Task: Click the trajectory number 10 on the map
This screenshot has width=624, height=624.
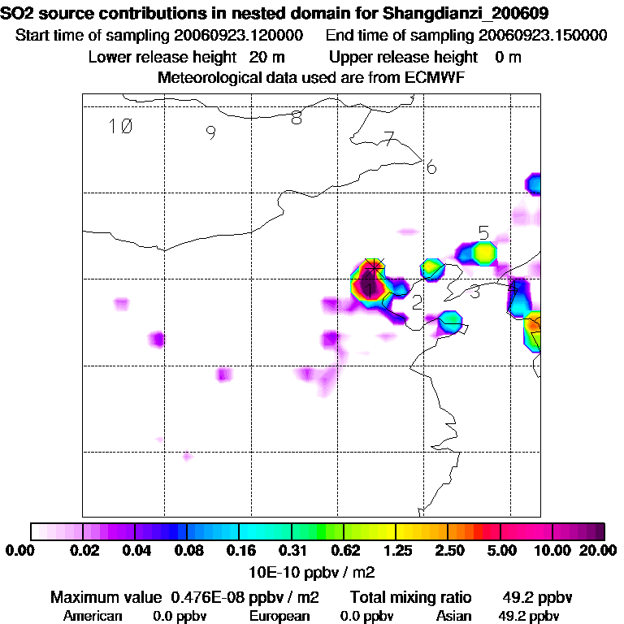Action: pyautogui.click(x=120, y=126)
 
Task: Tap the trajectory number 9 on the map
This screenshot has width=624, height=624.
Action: pyautogui.click(x=210, y=133)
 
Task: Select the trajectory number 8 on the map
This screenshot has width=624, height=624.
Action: pyautogui.click(x=297, y=118)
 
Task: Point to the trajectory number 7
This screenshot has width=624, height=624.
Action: pyautogui.click(x=389, y=139)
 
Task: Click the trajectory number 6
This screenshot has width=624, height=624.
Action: pyautogui.click(x=431, y=168)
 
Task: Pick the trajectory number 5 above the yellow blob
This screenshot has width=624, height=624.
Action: pyautogui.click(x=484, y=233)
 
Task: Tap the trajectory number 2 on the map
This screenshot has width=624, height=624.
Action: pyautogui.click(x=417, y=304)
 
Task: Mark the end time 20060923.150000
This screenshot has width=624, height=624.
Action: pyautogui.click(x=543, y=36)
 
